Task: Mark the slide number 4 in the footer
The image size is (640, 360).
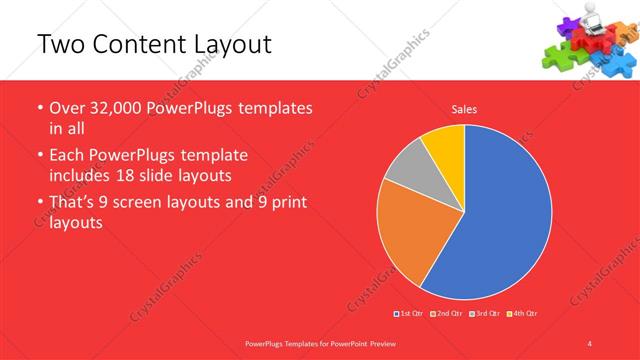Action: pos(590,343)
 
